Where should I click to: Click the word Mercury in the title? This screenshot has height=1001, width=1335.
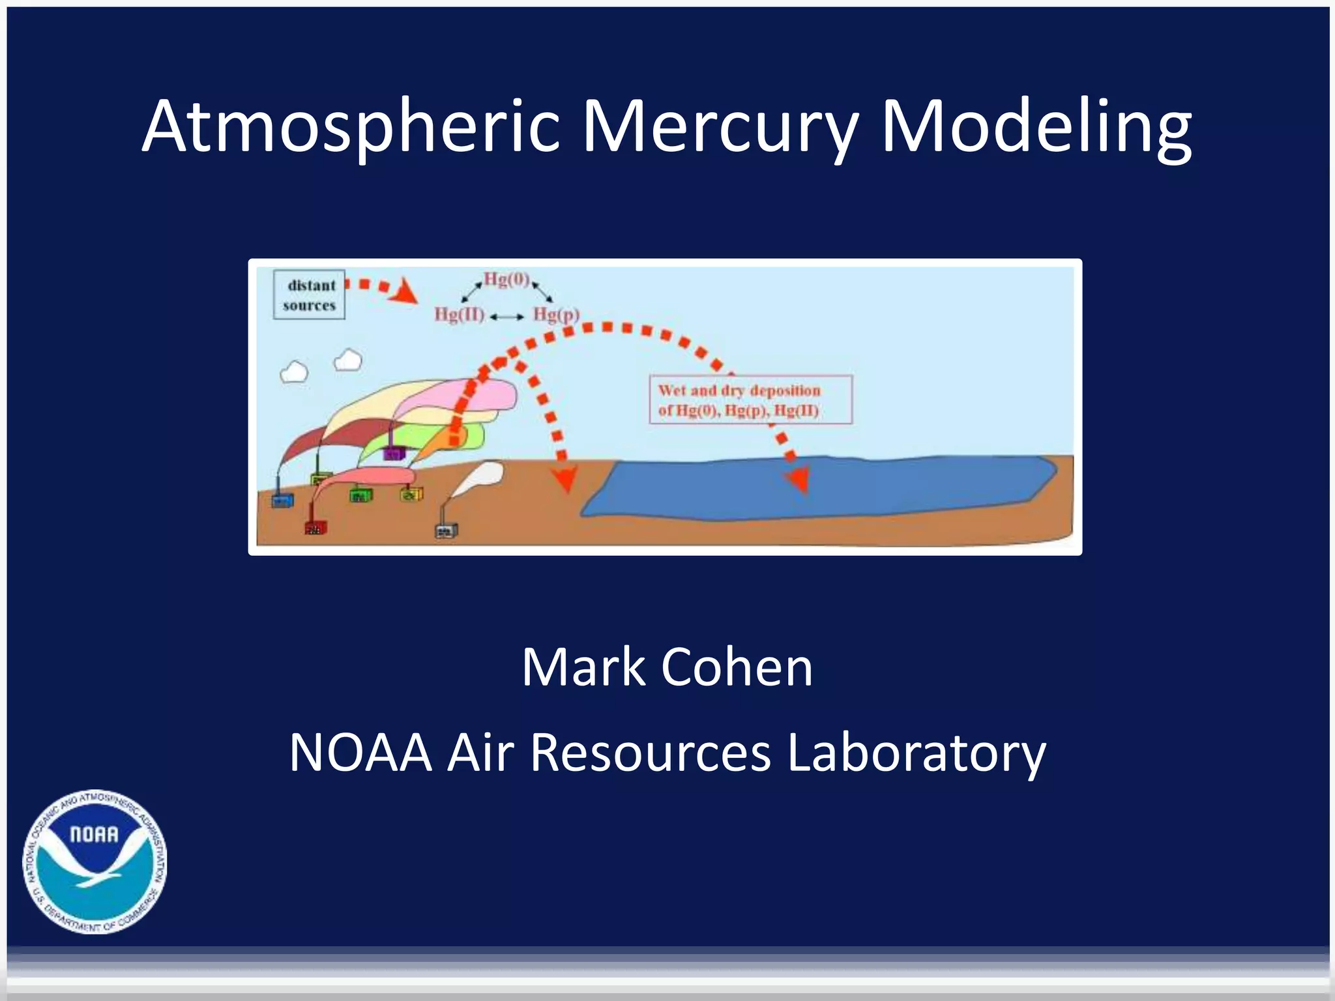point(720,127)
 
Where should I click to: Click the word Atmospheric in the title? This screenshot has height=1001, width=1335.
point(351,127)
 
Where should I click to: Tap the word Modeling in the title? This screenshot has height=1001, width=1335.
point(1036,127)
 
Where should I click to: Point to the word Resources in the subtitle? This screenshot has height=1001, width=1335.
point(650,753)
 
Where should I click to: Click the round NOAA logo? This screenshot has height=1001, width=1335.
point(95,862)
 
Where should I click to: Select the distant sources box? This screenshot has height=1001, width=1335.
point(309,295)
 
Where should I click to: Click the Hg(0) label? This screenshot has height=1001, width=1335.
point(506,280)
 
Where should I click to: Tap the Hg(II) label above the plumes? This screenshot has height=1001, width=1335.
point(460,315)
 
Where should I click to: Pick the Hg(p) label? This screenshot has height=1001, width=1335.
point(556,315)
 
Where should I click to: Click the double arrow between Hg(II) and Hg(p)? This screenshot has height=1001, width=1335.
point(507,317)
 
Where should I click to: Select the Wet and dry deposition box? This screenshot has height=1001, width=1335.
point(750,400)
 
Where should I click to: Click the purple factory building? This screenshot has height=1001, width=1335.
point(394,453)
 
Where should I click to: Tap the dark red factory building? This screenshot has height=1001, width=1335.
point(315,527)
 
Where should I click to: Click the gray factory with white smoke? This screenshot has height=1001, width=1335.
point(446,530)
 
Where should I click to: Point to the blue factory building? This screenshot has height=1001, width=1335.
point(282,500)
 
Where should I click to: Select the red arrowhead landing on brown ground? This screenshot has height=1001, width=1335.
point(565,479)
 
